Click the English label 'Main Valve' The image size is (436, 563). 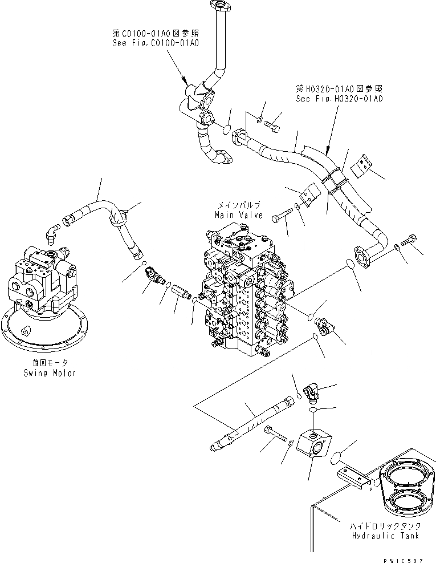pos(238,215)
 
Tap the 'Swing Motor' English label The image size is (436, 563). pos(50,373)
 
